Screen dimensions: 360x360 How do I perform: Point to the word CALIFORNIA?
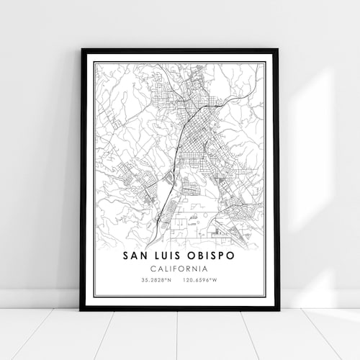(x=180, y=268)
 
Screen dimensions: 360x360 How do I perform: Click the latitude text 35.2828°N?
(x=157, y=279)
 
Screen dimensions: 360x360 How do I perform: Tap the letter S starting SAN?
(x=125, y=256)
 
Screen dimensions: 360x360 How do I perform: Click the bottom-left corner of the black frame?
(x=81, y=309)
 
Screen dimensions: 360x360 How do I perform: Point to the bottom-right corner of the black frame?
(x=278, y=309)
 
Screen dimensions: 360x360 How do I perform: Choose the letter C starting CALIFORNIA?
(x=153, y=268)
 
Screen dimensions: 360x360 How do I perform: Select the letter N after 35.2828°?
(x=170, y=279)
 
